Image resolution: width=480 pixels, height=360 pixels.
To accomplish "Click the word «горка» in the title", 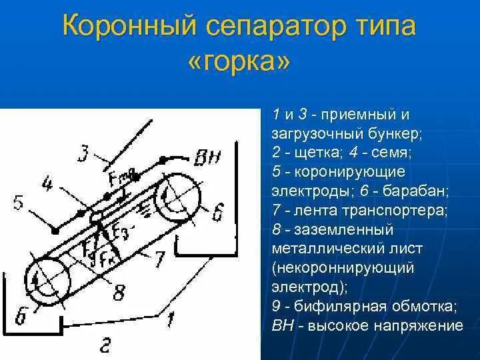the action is [x=239, y=64].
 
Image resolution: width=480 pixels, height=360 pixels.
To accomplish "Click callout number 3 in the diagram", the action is [x=83, y=155].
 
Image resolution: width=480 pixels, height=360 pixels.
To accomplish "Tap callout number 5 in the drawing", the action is [x=19, y=201].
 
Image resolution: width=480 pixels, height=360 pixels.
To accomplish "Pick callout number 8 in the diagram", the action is [x=119, y=292].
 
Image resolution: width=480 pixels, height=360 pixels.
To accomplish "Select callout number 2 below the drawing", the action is [x=107, y=345].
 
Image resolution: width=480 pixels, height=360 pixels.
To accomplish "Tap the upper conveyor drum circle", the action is [x=177, y=197].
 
